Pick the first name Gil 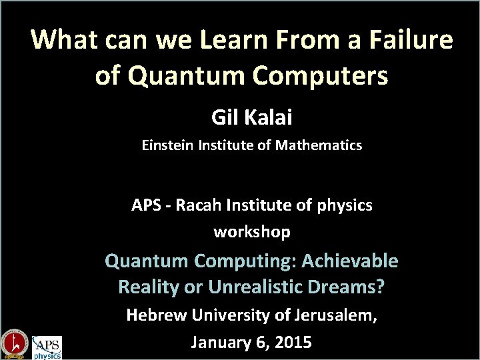pos(224,118)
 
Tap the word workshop pos(252,232)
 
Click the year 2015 pos(291,343)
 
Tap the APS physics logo pos(47,347)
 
